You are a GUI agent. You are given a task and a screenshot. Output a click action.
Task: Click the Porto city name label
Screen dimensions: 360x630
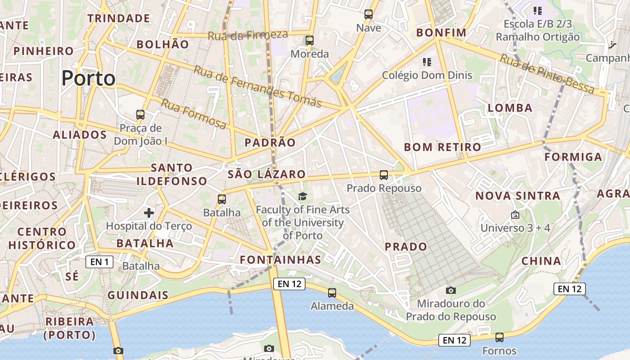pos(89,78)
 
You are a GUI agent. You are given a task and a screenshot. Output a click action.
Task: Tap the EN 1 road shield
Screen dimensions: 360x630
pos(99,261)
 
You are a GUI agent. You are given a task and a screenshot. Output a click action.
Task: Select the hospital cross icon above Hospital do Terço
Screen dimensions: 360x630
pos(149,212)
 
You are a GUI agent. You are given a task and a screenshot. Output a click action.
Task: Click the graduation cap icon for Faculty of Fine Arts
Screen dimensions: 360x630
pos(302,196)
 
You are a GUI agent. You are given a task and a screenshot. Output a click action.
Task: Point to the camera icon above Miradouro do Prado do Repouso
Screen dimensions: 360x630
pos(450,291)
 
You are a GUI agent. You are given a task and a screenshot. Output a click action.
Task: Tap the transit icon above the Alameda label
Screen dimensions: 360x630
pos(332,293)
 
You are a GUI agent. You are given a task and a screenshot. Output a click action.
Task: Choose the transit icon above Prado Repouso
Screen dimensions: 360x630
pos(384,175)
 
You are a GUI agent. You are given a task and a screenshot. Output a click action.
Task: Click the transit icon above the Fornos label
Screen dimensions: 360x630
pos(499,337)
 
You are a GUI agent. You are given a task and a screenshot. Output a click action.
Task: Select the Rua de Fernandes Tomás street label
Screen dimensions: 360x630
pos(257,86)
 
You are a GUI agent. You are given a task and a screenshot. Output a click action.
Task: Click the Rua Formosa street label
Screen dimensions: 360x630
pos(193,114)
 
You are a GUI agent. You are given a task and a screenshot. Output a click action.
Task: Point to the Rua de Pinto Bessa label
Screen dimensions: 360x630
pos(547,74)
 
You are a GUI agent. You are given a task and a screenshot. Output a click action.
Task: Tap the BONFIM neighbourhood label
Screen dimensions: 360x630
pos(441,32)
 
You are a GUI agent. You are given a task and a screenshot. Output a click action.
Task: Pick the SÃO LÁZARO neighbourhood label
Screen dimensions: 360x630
pos(266,174)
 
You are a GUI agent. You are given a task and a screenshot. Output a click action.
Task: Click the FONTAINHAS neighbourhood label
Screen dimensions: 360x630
pos(280,260)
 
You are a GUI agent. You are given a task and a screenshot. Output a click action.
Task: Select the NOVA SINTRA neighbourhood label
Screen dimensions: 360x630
pos(517,196)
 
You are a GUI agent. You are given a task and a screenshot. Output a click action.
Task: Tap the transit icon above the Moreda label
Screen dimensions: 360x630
pos(310,40)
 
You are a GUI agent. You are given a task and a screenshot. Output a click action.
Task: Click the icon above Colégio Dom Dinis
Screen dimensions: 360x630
pos(427,62)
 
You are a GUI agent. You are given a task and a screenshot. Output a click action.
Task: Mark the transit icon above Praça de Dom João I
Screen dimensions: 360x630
pos(140,115)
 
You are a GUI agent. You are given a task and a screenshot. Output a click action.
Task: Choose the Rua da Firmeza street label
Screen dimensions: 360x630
pos(247,35)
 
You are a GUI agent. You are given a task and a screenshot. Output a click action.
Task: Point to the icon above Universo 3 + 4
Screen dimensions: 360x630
pos(515,215)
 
